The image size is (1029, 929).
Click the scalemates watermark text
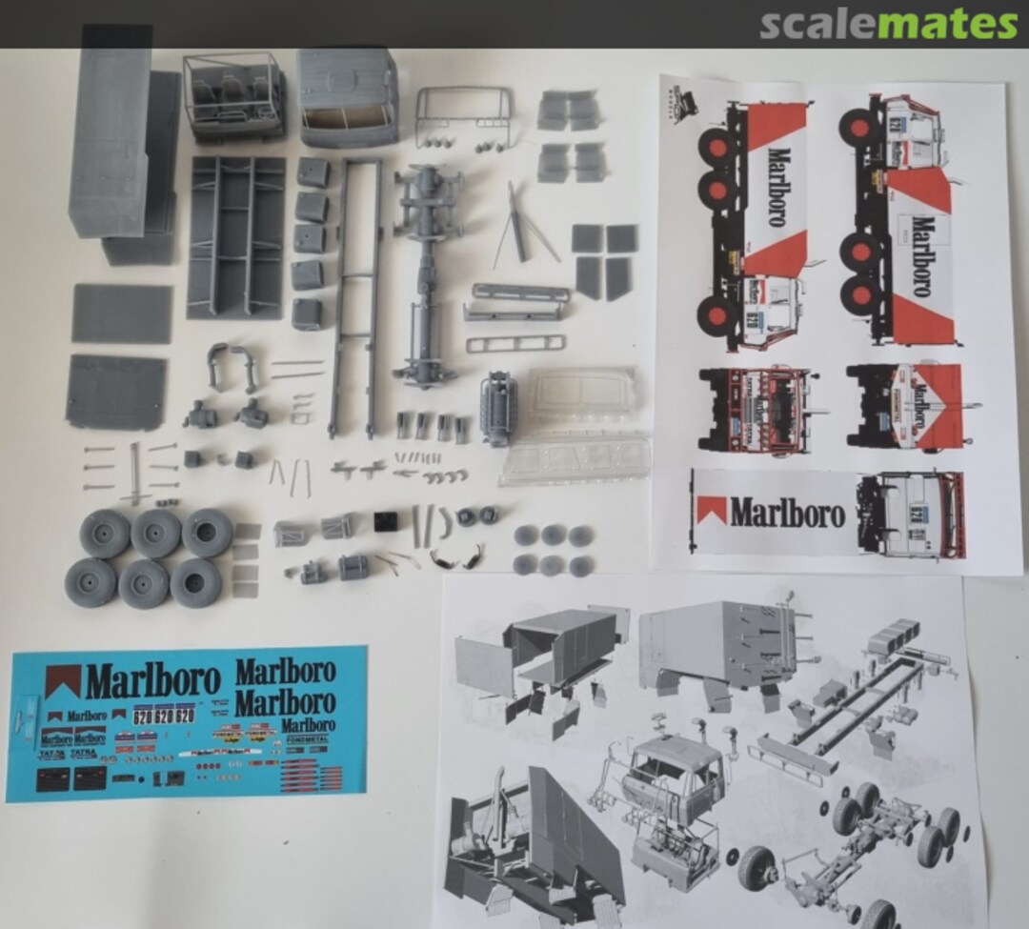point(888,24)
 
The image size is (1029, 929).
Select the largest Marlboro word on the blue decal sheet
point(152,681)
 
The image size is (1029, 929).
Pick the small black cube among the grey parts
point(385,522)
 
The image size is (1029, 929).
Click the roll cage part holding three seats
point(234,96)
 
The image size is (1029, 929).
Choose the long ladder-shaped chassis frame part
point(354,295)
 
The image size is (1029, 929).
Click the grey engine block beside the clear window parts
point(499,408)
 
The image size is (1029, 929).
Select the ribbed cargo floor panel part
point(236,236)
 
